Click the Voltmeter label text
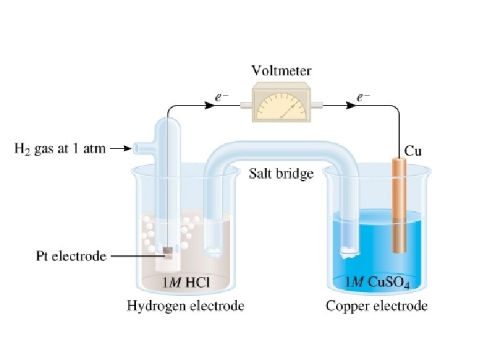[281, 70]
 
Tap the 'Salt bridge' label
[281, 175]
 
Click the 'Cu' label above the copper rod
[413, 151]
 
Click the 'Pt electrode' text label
[71, 255]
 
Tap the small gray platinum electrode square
[169, 252]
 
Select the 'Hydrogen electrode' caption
[185, 307]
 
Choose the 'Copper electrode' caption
[377, 307]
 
